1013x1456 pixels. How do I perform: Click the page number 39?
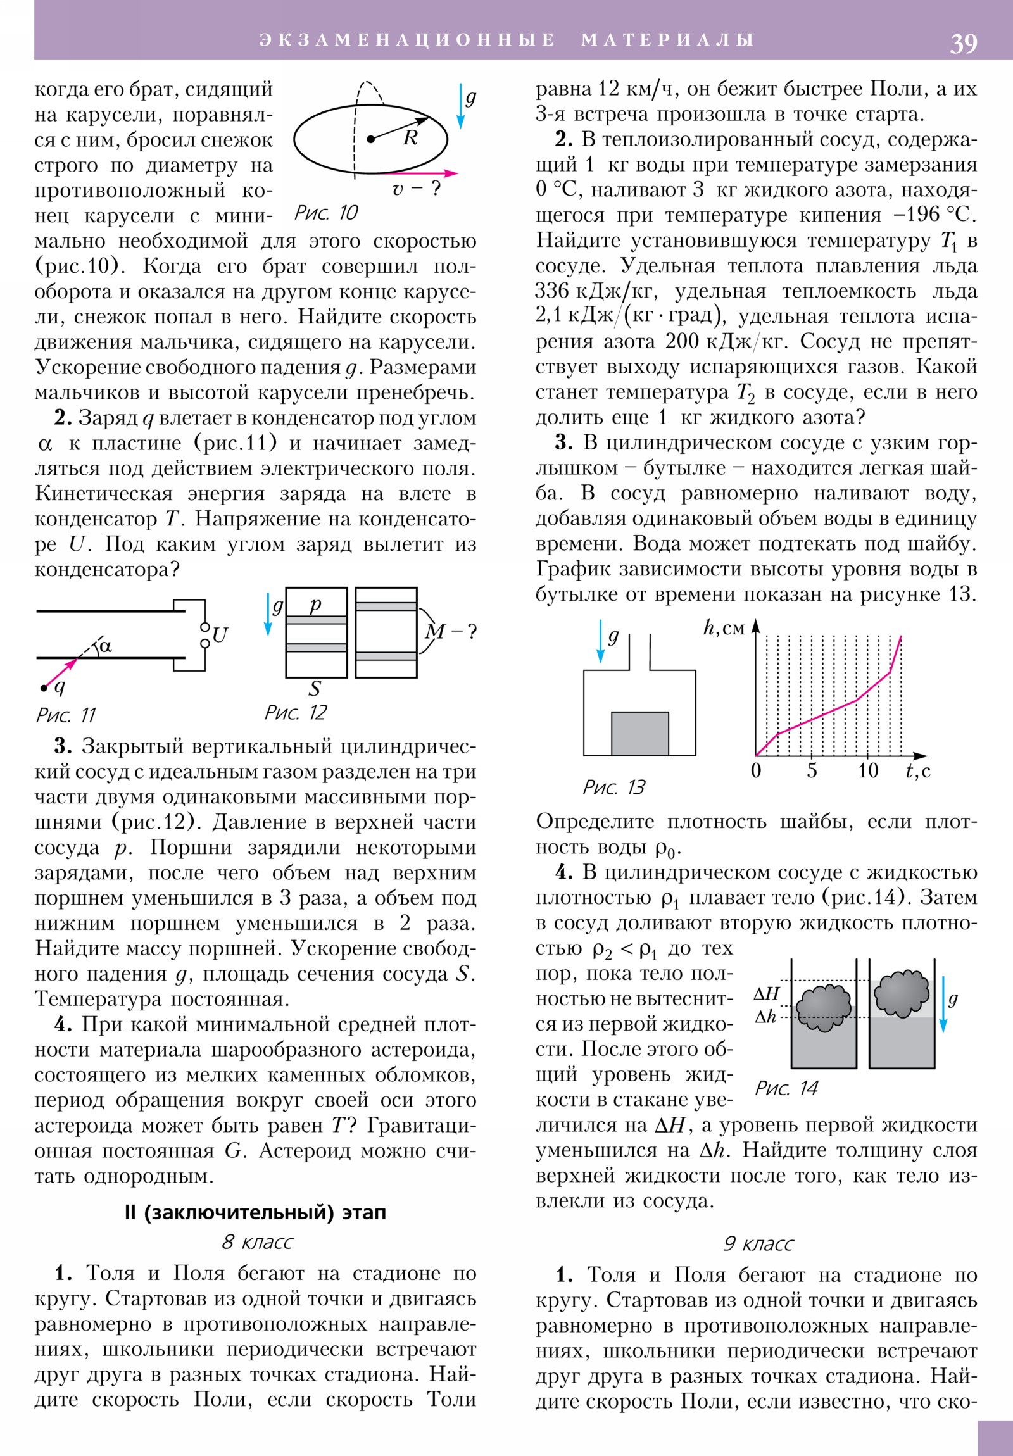coord(963,43)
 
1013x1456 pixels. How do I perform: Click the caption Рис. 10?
coord(326,213)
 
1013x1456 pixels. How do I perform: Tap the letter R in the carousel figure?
coord(410,137)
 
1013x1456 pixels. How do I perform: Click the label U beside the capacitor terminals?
coord(220,635)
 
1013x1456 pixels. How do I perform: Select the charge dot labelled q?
coord(44,688)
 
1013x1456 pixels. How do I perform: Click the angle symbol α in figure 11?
coord(105,646)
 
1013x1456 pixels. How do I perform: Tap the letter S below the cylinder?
coord(315,689)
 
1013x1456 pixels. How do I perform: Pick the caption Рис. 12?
coord(295,713)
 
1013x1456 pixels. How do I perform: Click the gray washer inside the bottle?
coord(639,733)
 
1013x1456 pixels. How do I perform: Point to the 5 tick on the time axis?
coord(812,771)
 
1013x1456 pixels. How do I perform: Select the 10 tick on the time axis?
coord(868,771)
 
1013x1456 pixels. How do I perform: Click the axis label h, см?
coord(724,628)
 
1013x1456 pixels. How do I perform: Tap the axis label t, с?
coord(918,771)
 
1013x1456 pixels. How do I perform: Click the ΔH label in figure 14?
coord(766,994)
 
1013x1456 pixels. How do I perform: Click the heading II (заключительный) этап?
coord(255,1212)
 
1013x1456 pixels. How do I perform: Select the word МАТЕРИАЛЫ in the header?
coord(667,40)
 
